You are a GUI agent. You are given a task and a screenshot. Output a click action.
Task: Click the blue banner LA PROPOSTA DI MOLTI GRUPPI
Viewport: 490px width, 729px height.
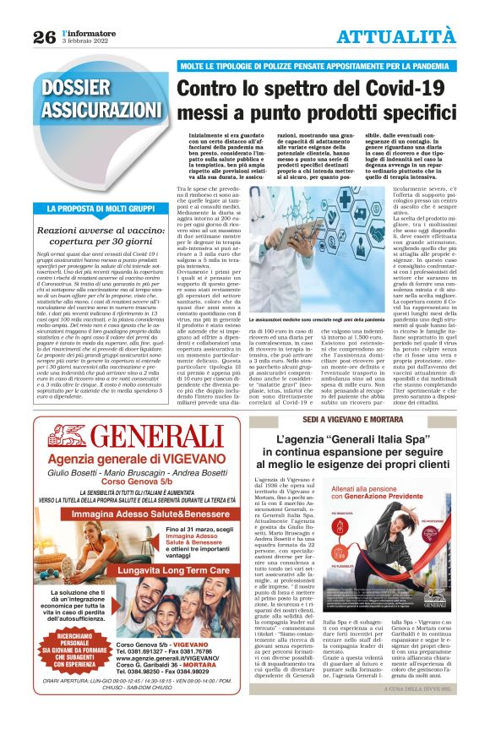[100, 207]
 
